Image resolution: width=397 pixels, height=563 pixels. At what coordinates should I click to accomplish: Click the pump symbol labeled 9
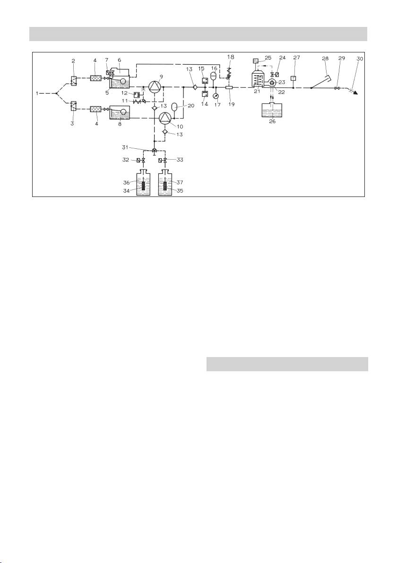point(155,87)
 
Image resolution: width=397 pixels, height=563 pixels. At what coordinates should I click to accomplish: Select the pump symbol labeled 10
point(164,117)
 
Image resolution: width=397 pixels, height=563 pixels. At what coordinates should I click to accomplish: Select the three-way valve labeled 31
point(155,151)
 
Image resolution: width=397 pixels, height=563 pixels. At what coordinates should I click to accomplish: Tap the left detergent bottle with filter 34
point(142,181)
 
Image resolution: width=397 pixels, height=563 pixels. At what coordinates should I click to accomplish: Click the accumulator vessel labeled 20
point(174,107)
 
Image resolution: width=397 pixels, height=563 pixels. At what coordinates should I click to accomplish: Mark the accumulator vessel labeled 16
point(213,75)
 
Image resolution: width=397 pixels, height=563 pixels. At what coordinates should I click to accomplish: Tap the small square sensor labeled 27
point(293,78)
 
